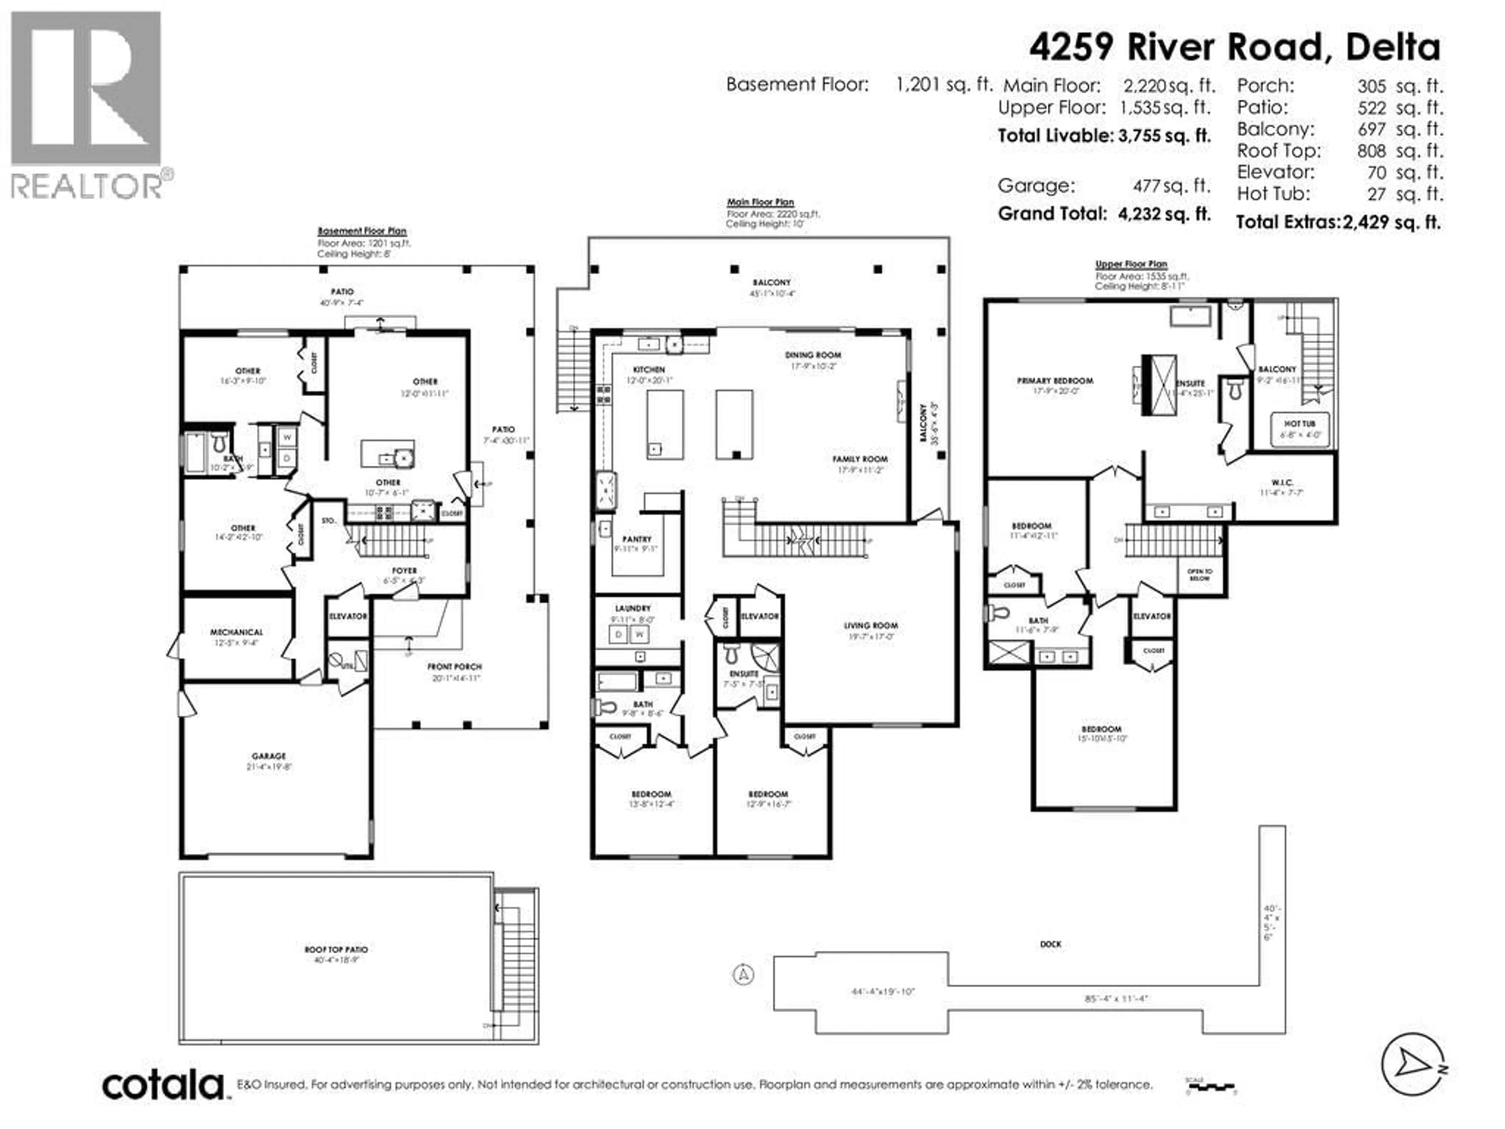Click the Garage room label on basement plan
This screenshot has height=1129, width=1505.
point(269,756)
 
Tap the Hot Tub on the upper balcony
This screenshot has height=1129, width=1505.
point(1300,429)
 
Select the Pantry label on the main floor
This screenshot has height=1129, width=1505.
point(637,539)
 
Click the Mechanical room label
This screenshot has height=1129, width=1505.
point(236,632)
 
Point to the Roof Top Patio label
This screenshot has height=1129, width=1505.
point(336,949)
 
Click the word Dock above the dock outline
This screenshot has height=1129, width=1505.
point(1050,945)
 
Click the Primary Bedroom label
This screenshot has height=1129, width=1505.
point(1055,381)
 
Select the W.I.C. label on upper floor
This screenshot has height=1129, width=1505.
point(1282,483)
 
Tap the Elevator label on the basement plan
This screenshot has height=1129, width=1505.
point(348,617)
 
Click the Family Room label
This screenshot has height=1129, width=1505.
point(860,459)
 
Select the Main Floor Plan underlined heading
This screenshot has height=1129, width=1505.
point(760,202)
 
